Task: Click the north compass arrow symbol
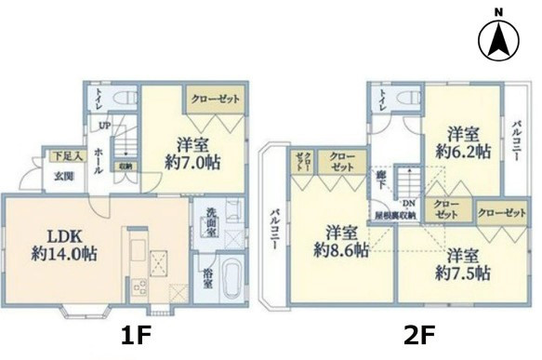coord(498,38)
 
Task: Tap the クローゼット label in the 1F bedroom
coord(215,97)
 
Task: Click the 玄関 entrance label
coord(62,176)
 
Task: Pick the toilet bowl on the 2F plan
coord(405,100)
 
